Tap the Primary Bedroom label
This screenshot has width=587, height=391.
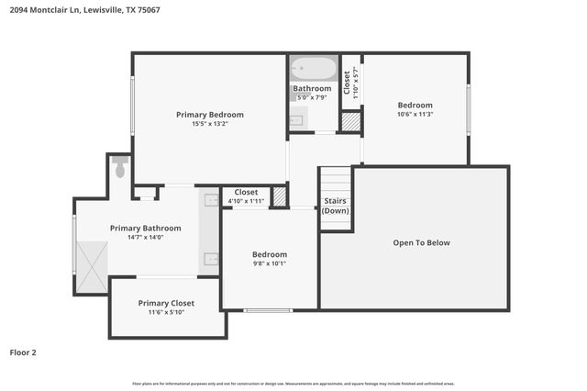pos(210,115)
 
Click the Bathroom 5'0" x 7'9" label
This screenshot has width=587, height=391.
pos(313,93)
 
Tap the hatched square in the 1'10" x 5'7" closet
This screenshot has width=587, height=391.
pos(350,121)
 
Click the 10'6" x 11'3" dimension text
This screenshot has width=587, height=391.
pos(415,115)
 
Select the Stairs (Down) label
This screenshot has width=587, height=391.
pos(335,205)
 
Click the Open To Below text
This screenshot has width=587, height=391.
pos(421,243)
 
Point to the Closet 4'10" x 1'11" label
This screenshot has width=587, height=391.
pos(245,195)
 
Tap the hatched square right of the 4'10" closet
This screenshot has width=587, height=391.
pos(280,196)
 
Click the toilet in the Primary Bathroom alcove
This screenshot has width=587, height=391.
pos(119,167)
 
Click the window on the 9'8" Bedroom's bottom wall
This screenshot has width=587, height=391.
pos(268,310)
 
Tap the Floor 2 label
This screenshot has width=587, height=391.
pos(23,352)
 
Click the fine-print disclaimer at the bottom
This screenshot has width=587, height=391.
pos(293,383)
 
